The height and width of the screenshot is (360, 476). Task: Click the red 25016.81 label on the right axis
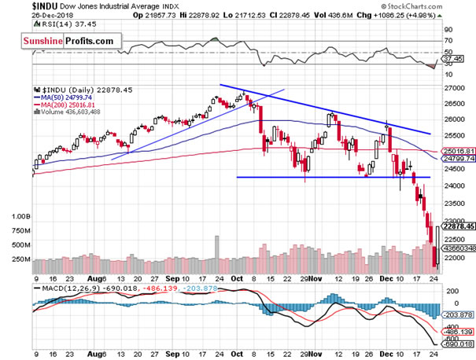pyautogui.click(x=457, y=151)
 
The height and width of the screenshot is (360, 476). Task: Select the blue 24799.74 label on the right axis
pyautogui.click(x=457, y=159)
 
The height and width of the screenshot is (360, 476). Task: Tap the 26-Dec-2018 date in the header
pyautogui.click(x=26, y=15)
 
